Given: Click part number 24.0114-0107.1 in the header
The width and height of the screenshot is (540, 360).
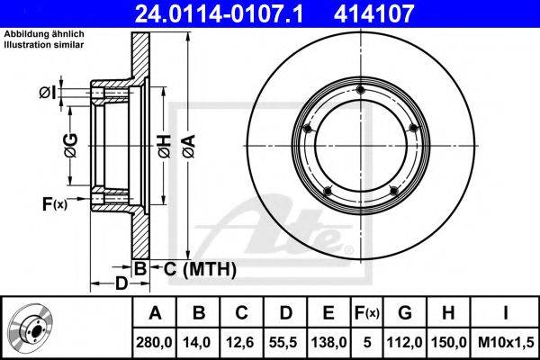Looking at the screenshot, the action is pyautogui.click(x=220, y=13).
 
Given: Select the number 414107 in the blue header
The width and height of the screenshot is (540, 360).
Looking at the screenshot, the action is pyautogui.click(x=373, y=13).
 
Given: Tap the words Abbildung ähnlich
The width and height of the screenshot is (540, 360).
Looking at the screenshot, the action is pyautogui.click(x=44, y=34).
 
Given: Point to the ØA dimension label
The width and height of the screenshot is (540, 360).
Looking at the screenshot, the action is pyautogui.click(x=189, y=146).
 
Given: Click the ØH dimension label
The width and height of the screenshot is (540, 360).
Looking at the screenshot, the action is pyautogui.click(x=165, y=146).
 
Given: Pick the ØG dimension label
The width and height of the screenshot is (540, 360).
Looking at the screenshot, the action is pyautogui.click(x=71, y=146).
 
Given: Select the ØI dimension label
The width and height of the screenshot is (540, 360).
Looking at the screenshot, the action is pyautogui.click(x=48, y=93).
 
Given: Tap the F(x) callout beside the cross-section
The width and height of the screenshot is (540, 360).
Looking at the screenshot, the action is pyautogui.click(x=55, y=204).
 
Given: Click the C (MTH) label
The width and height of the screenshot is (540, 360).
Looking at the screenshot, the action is pyautogui.click(x=200, y=269).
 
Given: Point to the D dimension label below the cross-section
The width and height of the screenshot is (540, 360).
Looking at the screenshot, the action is pyautogui.click(x=121, y=283).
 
